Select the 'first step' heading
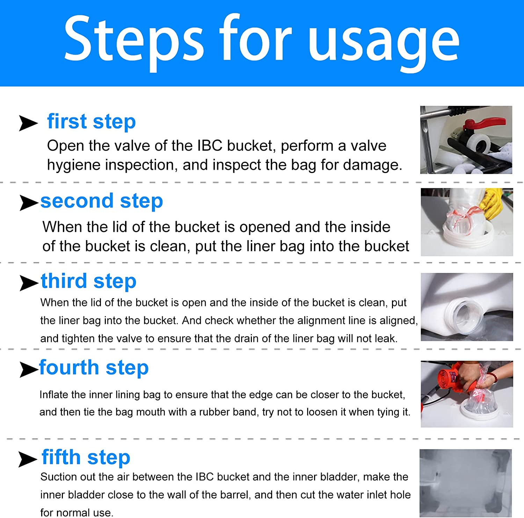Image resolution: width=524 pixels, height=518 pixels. click(92, 122)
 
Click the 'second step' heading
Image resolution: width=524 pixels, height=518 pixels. click(102, 201)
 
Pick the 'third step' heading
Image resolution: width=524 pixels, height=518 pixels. click(89, 281)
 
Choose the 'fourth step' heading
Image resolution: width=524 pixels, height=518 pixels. click(94, 368)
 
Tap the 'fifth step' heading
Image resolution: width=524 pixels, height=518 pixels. click(86, 458)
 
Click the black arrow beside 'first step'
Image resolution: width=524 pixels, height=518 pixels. click(28, 123)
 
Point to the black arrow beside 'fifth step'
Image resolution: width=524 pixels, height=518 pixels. click(28, 459)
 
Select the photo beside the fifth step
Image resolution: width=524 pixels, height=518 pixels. click(466, 483)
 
